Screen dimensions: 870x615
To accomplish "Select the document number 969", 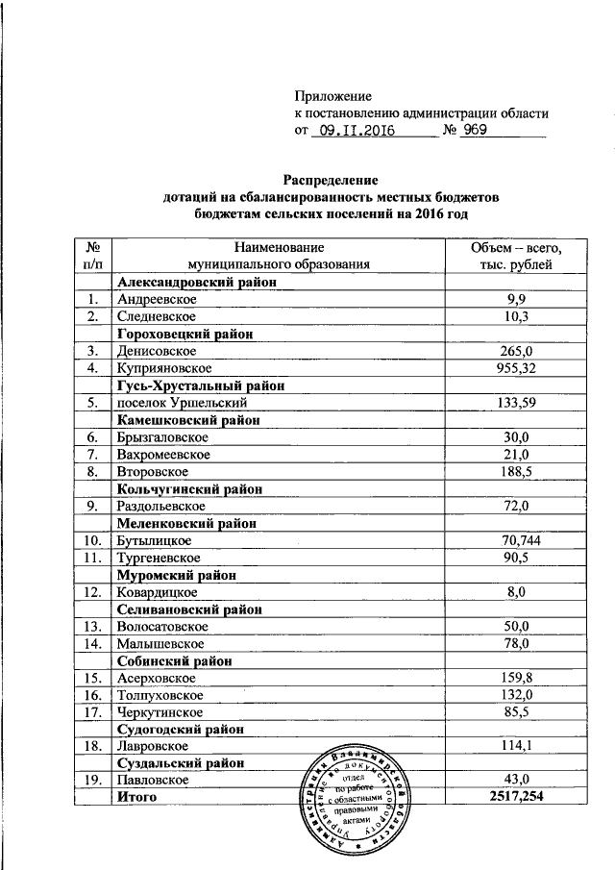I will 477,129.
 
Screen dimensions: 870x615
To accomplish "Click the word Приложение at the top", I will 332,96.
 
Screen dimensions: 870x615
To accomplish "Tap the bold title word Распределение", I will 331,180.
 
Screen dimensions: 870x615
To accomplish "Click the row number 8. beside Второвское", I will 92,471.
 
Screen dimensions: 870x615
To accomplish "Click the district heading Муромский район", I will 177,575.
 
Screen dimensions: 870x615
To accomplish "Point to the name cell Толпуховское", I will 159,694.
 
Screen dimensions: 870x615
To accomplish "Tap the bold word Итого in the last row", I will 136,797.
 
